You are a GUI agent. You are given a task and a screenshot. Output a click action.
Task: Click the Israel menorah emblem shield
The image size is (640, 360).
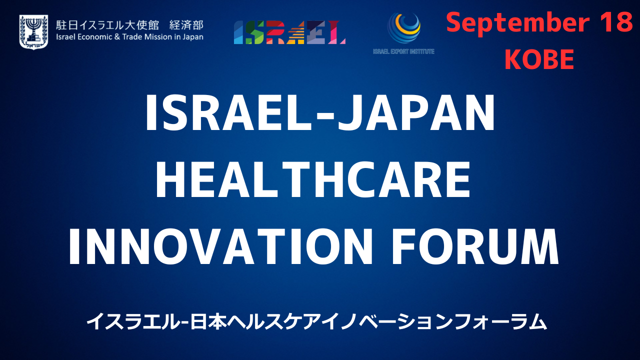(x=33, y=31)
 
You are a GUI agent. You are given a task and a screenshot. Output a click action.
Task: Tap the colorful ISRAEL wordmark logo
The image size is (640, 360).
(x=289, y=32)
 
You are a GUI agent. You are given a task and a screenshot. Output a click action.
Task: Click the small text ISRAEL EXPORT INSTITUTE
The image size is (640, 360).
(x=403, y=51)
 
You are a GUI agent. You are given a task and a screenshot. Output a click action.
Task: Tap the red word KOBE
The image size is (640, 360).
(x=539, y=59)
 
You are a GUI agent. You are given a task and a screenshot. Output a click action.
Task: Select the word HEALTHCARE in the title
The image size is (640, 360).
(x=313, y=179)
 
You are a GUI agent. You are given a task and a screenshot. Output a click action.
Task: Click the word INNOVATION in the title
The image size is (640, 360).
(x=220, y=246)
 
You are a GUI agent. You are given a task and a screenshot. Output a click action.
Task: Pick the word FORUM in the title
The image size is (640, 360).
(x=475, y=246)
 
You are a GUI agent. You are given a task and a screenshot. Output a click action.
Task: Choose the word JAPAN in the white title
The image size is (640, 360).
(x=416, y=112)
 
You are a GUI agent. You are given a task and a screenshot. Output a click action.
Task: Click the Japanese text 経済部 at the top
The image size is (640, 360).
(x=186, y=25)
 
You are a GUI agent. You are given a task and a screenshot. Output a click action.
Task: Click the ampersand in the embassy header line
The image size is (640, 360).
(x=117, y=37)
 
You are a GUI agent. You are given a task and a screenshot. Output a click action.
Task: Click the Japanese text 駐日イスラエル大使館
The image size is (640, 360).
(x=107, y=25)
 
